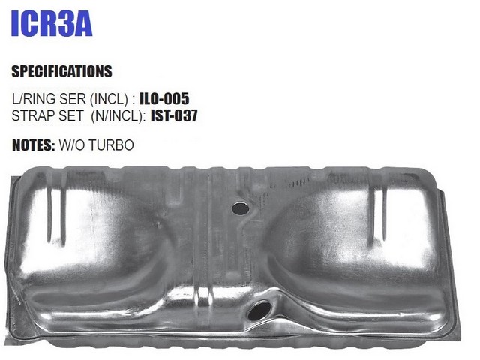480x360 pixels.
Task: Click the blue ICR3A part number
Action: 52,24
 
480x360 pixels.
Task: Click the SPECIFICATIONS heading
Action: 61,71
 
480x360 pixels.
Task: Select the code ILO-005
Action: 164,98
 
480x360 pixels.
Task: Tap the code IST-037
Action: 174,115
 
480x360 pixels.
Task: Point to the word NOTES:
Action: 33,145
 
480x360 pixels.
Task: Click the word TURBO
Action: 112,145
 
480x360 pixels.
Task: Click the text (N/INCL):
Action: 118,116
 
